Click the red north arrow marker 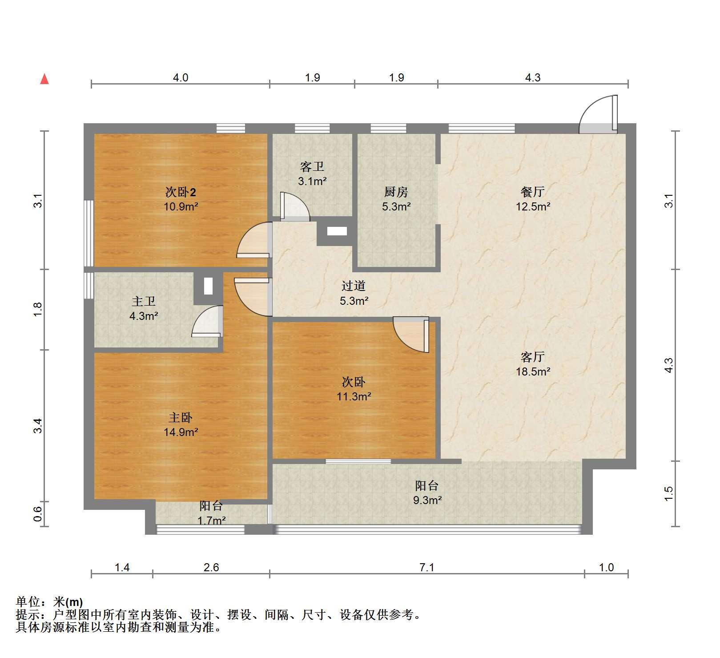coord(44,79)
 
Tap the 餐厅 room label coord(533,192)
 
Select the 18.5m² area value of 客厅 coord(533,371)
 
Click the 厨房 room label coord(396,192)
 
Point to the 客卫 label coord(312,167)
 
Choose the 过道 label coord(354,286)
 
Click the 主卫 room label coord(143,301)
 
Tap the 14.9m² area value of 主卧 coord(181,432)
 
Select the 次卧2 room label coord(181,192)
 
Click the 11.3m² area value coord(354,396)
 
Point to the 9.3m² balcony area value coord(427,500)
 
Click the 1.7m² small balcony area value coord(211,520)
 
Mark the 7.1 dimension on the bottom coord(426,567)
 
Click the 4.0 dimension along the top coord(180,78)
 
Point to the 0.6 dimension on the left coord(38,514)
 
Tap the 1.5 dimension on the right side coord(669,494)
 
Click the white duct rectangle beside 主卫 coord(208,286)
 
